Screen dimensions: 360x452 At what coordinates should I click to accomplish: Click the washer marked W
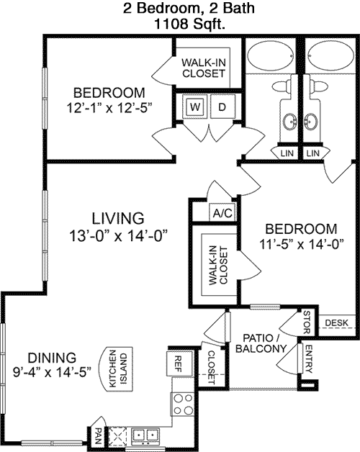[x=195, y=107]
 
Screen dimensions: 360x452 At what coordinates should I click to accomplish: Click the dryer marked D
[x=222, y=107]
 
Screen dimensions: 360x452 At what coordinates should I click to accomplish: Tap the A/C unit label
[x=222, y=213]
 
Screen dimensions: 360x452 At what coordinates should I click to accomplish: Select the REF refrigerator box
[x=179, y=363]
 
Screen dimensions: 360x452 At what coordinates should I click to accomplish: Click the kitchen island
[x=116, y=369]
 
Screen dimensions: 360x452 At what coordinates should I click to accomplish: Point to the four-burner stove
[x=183, y=404]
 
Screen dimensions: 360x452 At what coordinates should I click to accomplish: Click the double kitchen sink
[x=145, y=435]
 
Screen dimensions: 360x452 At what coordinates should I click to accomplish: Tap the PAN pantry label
[x=98, y=435]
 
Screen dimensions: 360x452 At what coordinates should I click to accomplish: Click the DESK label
[x=337, y=323]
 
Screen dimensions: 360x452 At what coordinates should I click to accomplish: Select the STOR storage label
[x=307, y=322]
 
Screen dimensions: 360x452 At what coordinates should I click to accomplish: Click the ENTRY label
[x=308, y=359]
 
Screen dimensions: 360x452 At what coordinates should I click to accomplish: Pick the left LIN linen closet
[x=287, y=153]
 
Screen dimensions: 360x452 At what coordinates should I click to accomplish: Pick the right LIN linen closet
[x=313, y=153]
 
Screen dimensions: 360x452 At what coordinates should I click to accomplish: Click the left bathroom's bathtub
[x=271, y=55]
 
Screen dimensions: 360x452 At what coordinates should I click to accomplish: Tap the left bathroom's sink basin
[x=289, y=121]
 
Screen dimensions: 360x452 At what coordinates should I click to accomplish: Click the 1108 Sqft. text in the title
[x=189, y=24]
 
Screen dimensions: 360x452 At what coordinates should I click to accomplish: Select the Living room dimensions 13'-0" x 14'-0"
[x=118, y=236]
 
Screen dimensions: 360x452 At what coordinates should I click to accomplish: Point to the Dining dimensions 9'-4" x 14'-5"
[x=52, y=372]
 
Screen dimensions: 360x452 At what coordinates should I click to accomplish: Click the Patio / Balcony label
[x=261, y=343]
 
